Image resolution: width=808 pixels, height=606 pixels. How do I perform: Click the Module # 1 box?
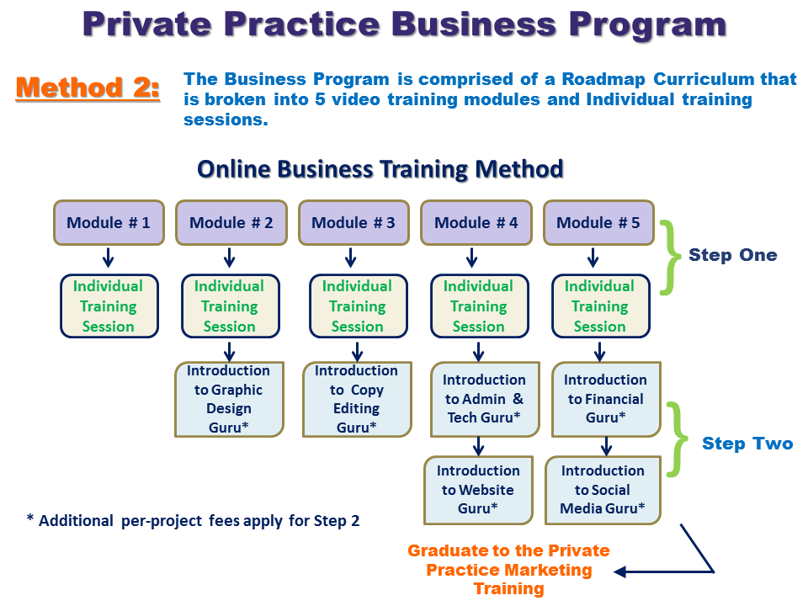click(109, 223)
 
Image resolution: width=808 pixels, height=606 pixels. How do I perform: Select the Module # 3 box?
click(353, 223)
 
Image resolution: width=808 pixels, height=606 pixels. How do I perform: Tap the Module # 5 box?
click(598, 223)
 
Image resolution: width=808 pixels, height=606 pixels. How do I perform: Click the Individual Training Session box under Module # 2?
click(230, 306)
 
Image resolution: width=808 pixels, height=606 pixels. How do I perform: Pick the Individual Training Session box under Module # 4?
click(478, 306)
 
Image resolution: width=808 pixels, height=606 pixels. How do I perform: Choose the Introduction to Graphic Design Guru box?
click(229, 400)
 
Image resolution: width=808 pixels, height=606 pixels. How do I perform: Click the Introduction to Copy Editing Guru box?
click(358, 400)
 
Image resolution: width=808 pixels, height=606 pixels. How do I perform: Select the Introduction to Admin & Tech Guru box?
click(484, 400)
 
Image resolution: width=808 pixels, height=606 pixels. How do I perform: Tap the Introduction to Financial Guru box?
click(606, 400)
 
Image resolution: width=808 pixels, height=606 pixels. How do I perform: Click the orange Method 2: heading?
click(88, 88)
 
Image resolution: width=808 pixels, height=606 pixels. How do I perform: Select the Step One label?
click(732, 255)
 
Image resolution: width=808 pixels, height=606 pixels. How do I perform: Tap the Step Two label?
click(747, 444)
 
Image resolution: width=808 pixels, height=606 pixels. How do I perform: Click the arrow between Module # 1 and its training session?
click(109, 257)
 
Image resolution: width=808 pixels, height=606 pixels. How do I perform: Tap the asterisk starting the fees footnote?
click(30, 520)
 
